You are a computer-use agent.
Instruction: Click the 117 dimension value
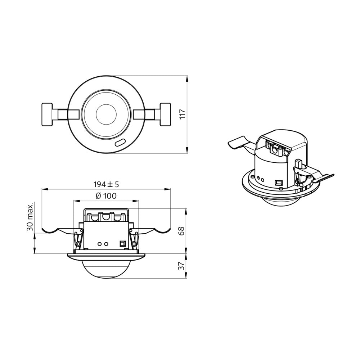click(183, 114)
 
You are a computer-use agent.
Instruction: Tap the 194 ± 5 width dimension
click(106, 184)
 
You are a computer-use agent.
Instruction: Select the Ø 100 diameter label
click(106, 196)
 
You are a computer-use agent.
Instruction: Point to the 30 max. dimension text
click(30, 216)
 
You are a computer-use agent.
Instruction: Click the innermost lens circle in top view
click(106, 114)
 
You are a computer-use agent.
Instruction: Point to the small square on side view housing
click(122, 244)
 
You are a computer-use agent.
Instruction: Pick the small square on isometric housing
click(278, 183)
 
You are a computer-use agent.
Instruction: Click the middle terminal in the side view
click(106, 217)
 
